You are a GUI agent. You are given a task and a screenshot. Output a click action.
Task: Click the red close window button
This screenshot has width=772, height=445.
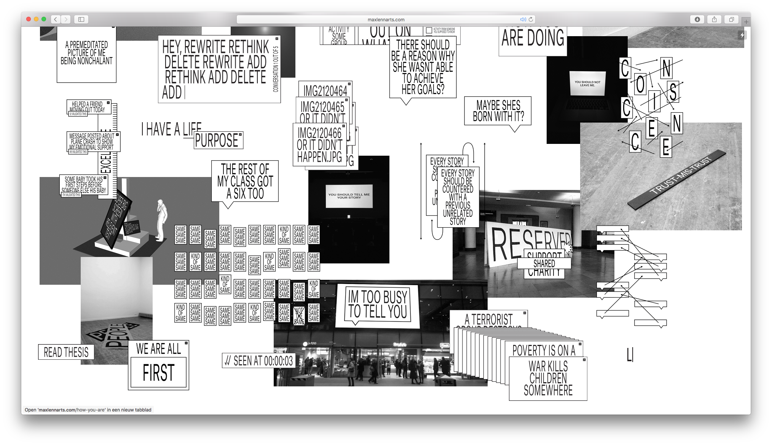coord(29,19)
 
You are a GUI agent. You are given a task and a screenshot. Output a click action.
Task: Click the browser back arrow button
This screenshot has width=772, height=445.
coord(56,19)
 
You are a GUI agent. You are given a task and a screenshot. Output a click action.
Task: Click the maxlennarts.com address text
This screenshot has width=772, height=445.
coord(386,19)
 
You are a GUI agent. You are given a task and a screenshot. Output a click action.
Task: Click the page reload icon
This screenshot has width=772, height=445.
coord(531,19)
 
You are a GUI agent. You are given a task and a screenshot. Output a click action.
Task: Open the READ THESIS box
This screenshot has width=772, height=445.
coord(66,352)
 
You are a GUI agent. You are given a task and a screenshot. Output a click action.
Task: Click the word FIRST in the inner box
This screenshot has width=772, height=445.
coord(158,372)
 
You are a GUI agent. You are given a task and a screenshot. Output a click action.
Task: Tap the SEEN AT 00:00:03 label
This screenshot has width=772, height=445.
coord(259,360)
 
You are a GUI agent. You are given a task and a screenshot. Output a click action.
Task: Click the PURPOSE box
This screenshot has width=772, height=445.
coord(218,140)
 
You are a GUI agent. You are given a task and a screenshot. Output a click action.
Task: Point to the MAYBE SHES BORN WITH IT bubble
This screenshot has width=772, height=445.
coord(498,111)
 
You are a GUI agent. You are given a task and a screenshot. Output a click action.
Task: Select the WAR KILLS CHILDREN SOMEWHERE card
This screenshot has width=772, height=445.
coord(548,378)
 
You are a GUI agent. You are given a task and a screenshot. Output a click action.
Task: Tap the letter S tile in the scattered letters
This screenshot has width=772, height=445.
coord(673,92)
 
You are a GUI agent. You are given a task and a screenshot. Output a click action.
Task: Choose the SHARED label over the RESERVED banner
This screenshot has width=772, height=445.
coord(544,263)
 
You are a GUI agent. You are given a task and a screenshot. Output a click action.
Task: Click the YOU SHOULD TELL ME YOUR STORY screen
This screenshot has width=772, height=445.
coord(349,196)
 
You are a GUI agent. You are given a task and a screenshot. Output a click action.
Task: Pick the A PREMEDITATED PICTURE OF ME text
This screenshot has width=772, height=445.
coord(86,53)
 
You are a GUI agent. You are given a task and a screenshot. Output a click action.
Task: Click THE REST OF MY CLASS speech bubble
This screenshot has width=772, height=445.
coord(245,181)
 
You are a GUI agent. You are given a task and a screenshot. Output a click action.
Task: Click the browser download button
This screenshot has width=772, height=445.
coord(697,19)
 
